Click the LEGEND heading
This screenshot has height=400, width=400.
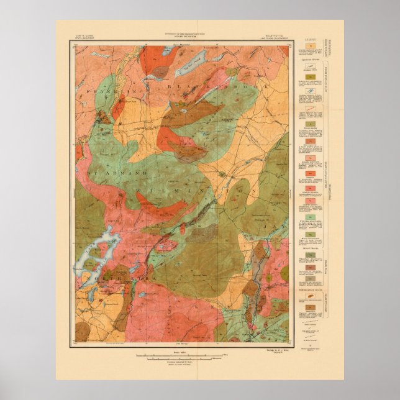(311, 43)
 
